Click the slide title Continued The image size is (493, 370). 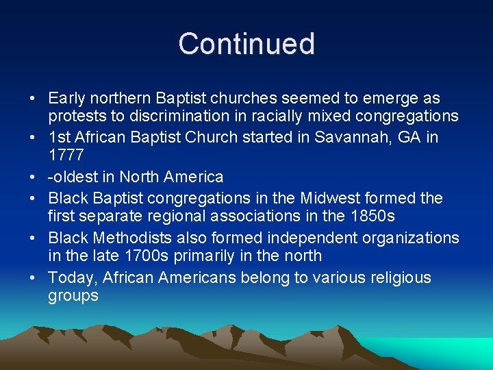pos(246,44)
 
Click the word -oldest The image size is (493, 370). pos(73,177)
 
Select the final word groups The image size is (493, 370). pos(73,297)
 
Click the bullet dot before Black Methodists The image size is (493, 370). pos(33,238)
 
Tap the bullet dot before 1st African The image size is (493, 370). pos(33,137)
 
